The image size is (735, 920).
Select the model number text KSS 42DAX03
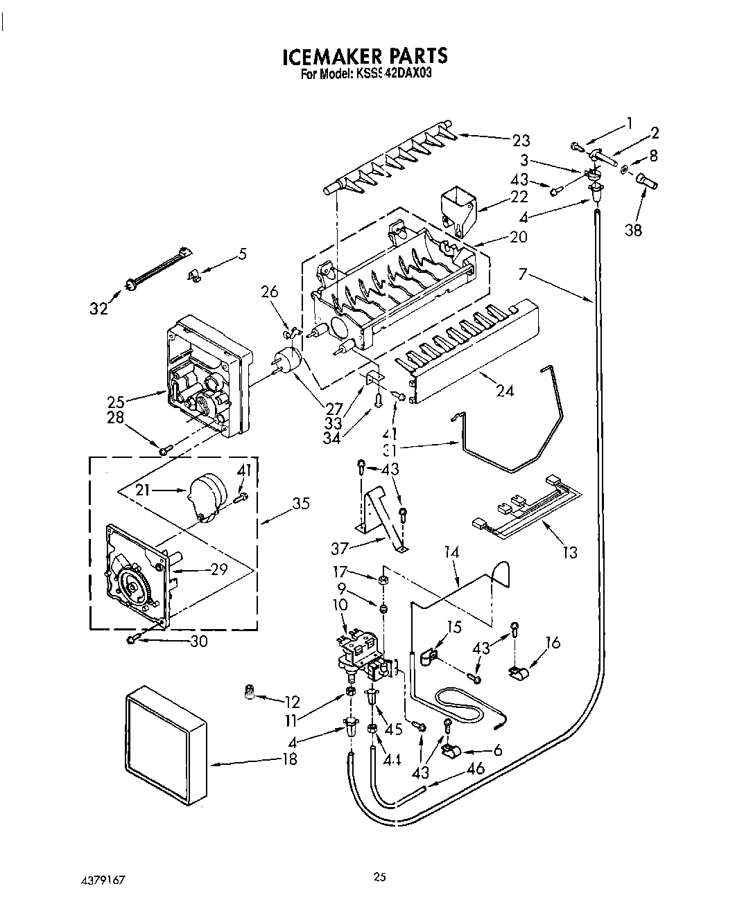pyautogui.click(x=397, y=73)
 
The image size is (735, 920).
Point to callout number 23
pyautogui.click(x=521, y=141)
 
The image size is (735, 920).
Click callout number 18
pyautogui.click(x=289, y=759)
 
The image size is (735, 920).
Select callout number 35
pyautogui.click(x=301, y=504)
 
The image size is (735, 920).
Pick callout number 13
pyautogui.click(x=570, y=552)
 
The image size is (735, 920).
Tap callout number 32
pyautogui.click(x=100, y=309)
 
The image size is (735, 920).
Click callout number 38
pyautogui.click(x=634, y=230)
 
